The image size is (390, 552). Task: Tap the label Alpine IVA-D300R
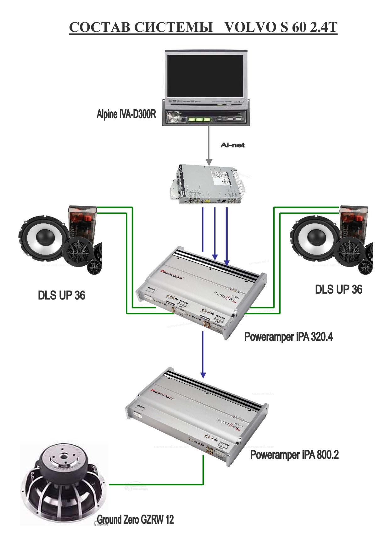(126, 114)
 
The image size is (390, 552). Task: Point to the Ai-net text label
(232, 145)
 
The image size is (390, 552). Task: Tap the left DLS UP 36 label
(62, 295)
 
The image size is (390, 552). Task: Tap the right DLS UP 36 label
(338, 290)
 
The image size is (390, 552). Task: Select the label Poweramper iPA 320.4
(288, 337)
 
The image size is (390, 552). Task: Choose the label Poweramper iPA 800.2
(294, 455)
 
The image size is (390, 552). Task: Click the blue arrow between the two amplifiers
(203, 354)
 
